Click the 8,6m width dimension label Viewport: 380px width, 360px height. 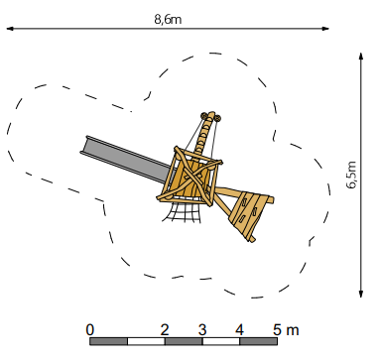point(168,20)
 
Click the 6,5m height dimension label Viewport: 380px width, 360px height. point(351,175)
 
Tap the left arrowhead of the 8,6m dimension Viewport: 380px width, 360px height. point(10,29)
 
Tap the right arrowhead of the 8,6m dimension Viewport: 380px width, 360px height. point(325,29)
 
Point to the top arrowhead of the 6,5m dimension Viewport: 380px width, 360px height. point(361,57)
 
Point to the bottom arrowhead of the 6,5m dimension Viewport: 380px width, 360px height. point(361,294)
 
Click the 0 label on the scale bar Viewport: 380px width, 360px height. point(90,330)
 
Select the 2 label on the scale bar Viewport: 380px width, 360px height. point(165,330)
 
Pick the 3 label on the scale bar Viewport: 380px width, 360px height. point(202,330)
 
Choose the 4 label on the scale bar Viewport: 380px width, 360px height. point(240,330)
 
